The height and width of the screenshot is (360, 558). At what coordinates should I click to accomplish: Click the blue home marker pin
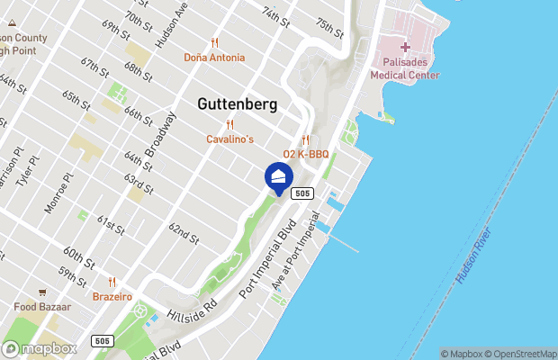pos(278,176)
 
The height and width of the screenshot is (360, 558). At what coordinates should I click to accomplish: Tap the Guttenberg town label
pos(237,104)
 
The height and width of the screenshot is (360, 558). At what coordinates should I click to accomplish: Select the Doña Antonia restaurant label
pos(214,58)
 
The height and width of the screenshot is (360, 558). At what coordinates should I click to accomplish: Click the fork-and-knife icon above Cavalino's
pos(230,125)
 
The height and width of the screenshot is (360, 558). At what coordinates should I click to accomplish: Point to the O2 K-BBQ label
pos(306,154)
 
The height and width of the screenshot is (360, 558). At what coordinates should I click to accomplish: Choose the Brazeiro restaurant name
pos(112,296)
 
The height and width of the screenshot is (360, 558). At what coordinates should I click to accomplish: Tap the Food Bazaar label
pos(43,307)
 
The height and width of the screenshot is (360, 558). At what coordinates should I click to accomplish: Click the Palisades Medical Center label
pos(405,68)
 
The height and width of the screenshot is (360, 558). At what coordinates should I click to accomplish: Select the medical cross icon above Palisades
pos(405,47)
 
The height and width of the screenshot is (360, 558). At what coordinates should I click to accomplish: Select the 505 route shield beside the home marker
pos(302,193)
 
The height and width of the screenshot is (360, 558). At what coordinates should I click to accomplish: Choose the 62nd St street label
pos(183,235)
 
